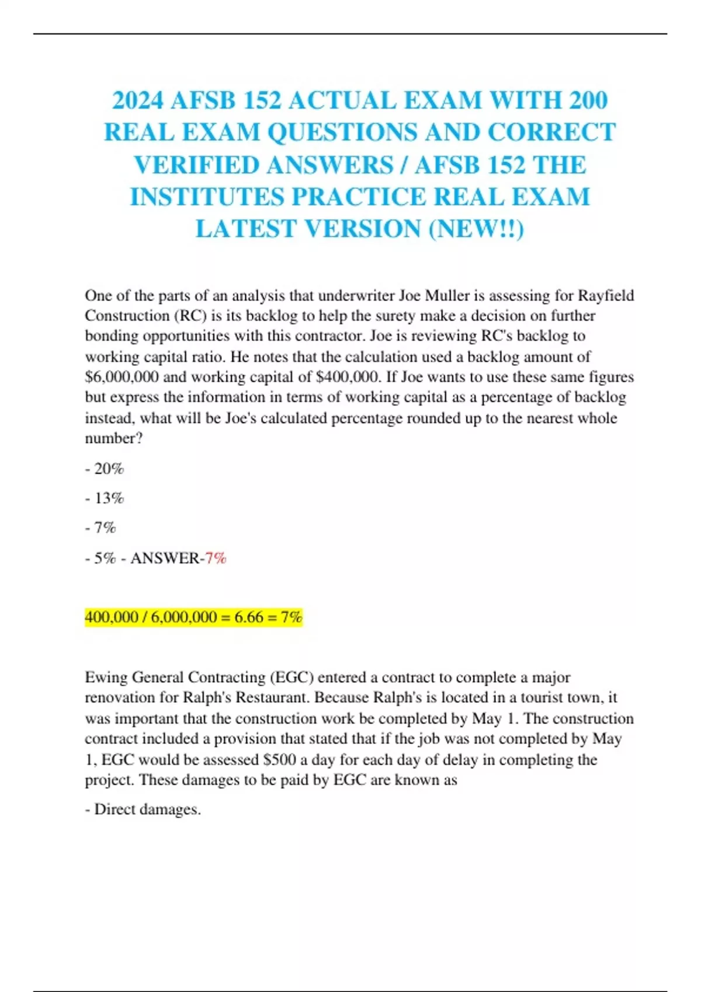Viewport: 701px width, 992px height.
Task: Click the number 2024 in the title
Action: click(138, 100)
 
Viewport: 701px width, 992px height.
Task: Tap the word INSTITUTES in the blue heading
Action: click(207, 197)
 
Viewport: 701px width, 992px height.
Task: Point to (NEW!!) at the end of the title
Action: click(476, 229)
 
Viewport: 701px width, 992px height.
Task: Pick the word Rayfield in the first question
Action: click(605, 295)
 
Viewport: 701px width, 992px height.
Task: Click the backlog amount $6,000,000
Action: click(122, 377)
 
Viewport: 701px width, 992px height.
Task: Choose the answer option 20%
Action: click(109, 469)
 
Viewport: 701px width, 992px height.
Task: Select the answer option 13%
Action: click(109, 498)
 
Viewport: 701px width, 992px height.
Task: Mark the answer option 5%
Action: click(105, 558)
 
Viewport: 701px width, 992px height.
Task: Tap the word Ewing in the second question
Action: click(106, 677)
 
